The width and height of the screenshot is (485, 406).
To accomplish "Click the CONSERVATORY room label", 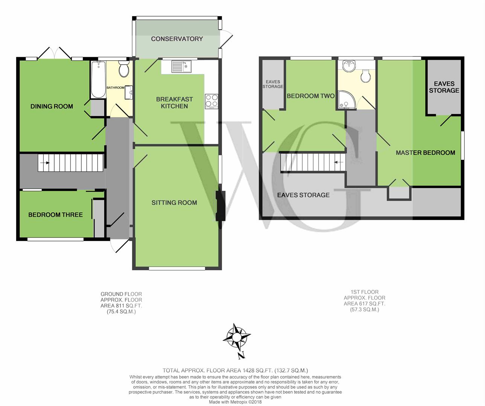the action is click(x=177, y=39).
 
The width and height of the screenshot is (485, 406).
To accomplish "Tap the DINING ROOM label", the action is click(x=52, y=106).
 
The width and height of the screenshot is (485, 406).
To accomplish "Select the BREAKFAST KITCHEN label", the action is click(x=174, y=103).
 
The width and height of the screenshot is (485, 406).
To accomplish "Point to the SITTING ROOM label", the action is click(x=174, y=203).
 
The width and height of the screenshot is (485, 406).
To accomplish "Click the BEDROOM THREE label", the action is click(x=55, y=215).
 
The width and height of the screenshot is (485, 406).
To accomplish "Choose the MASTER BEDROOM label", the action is click(x=426, y=153).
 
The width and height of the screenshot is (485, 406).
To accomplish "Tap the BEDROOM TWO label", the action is click(x=311, y=96).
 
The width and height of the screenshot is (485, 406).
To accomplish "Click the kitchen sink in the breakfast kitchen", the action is click(x=181, y=67).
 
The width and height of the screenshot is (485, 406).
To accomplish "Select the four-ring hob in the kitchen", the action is click(x=212, y=101).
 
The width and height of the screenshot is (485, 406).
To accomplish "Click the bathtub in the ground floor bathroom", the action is click(x=99, y=80).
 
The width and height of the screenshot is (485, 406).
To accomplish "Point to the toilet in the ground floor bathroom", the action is click(x=124, y=69).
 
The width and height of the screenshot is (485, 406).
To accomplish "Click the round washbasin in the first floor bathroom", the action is click(x=349, y=66).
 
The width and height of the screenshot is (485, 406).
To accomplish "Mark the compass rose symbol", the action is click(x=236, y=337).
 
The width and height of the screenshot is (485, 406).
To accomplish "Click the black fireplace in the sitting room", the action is click(x=220, y=206).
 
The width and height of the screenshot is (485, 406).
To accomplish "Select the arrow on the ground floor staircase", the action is click(x=45, y=163).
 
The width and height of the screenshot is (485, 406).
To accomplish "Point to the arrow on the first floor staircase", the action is click(x=339, y=162).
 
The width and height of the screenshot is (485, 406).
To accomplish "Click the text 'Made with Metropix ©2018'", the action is click(x=235, y=402).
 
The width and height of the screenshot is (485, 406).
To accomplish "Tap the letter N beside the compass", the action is click(x=242, y=355).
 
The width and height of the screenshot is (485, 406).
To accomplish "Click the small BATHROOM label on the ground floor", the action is click(x=116, y=88).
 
